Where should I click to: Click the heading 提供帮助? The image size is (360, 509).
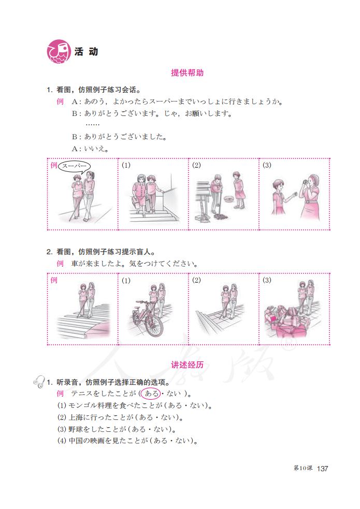coord(187,73)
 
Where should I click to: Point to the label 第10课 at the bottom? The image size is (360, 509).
coord(303,469)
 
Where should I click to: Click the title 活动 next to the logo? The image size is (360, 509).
coord(86,52)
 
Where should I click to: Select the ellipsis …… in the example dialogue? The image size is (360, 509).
coord(93,125)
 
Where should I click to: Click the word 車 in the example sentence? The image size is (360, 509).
coord(76,264)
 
